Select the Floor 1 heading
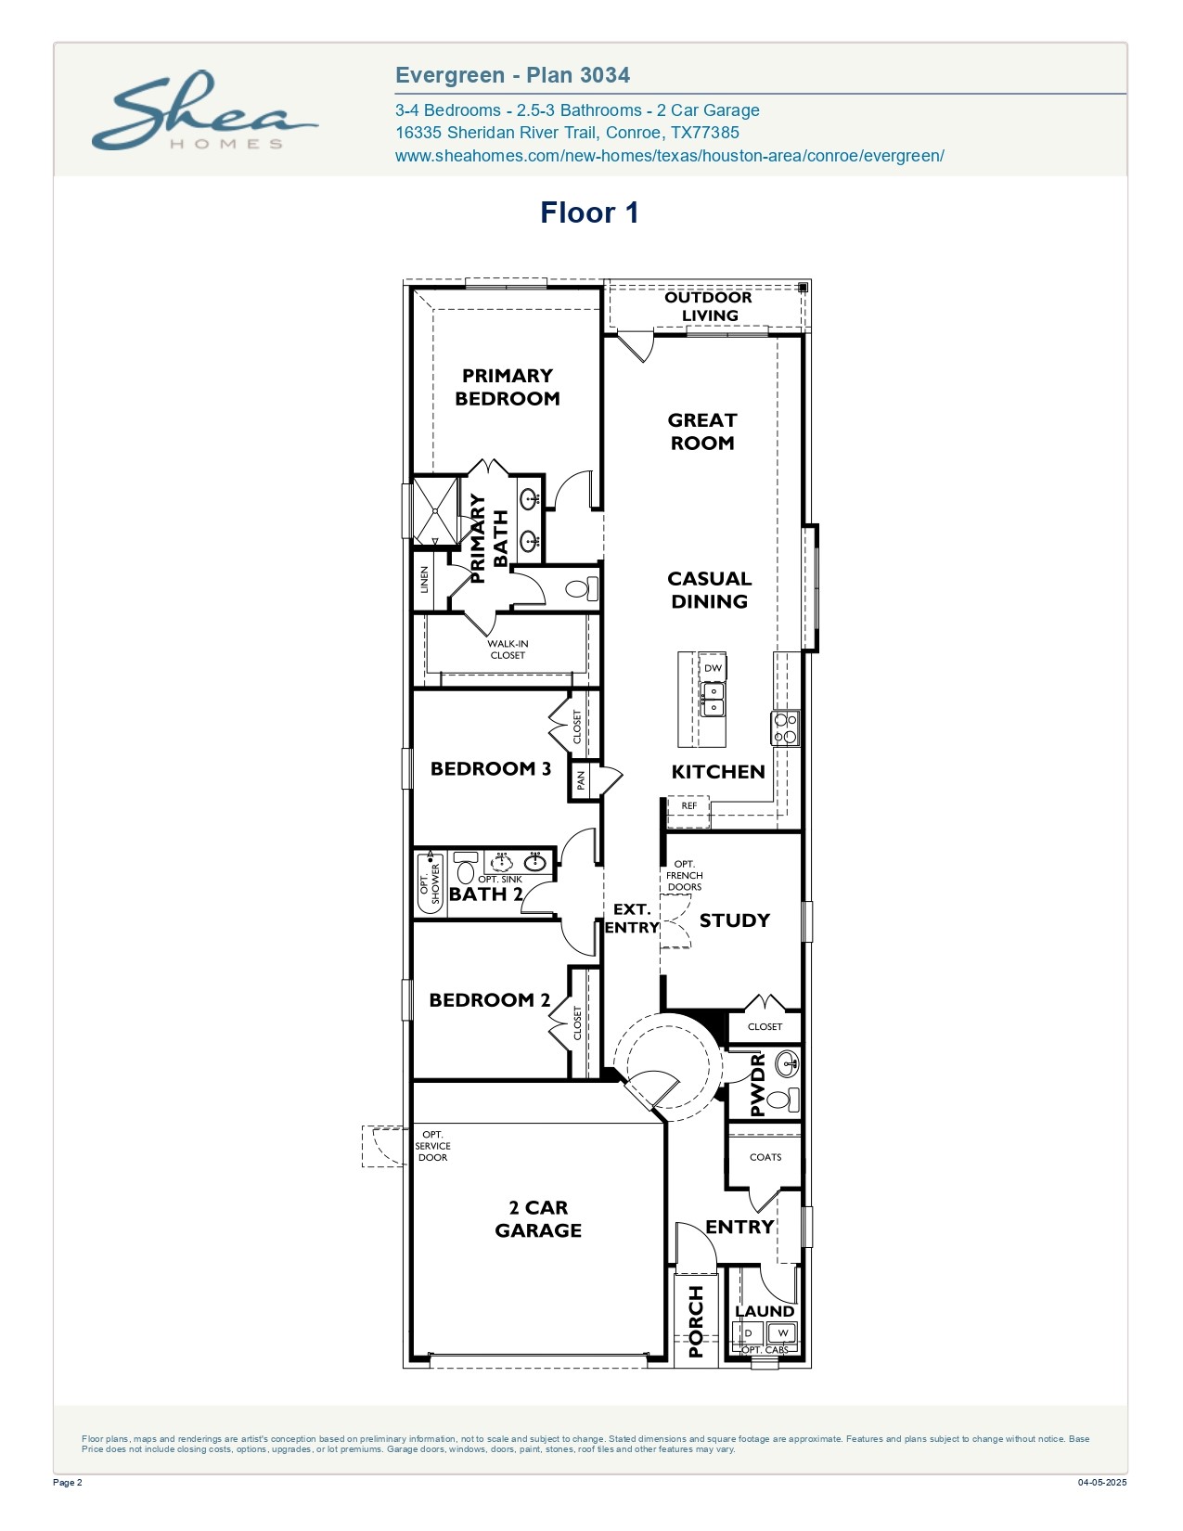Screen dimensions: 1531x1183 click(589, 213)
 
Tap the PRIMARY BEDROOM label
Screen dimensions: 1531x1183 click(507, 387)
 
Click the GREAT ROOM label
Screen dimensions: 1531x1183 click(702, 431)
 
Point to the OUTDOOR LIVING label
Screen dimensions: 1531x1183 click(709, 306)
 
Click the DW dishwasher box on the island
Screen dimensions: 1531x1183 click(713, 668)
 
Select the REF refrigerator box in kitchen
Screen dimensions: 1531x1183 click(688, 806)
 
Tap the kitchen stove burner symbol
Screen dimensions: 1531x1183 click(786, 728)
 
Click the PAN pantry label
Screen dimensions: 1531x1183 click(581, 780)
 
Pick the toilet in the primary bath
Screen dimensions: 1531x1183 click(580, 589)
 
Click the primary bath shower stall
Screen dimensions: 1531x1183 click(434, 510)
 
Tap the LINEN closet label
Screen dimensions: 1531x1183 click(424, 580)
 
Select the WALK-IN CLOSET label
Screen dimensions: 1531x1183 click(508, 650)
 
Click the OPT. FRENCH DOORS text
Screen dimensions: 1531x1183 click(685, 876)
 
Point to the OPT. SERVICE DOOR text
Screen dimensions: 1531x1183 click(432, 1146)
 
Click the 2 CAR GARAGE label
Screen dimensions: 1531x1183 click(538, 1219)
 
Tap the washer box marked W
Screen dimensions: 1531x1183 click(782, 1333)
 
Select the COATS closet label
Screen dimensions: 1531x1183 click(765, 1157)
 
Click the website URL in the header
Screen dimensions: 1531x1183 click(669, 156)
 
